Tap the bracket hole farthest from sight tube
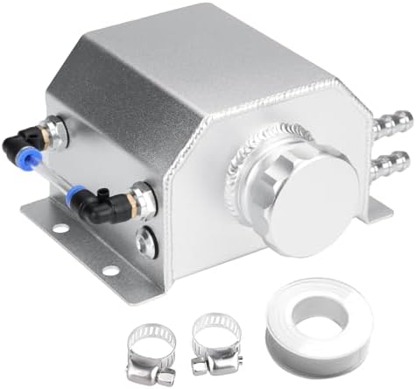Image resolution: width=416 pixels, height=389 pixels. (x=111, y=271)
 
